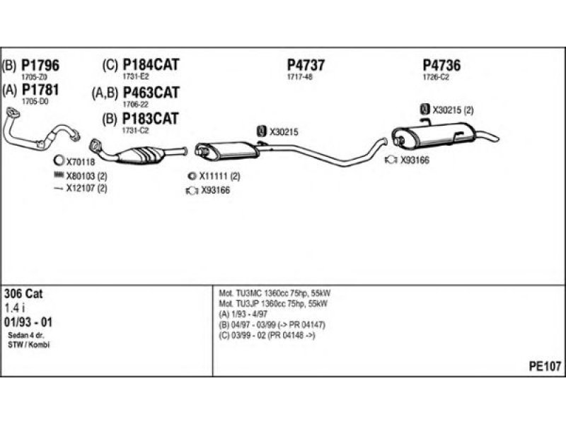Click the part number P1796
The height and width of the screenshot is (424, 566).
tap(40, 65)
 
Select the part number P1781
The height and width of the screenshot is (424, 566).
tap(40, 90)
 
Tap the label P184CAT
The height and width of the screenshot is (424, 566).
tap(151, 65)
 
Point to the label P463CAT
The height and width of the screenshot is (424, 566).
tap(151, 93)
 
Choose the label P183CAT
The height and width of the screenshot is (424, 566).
tap(151, 118)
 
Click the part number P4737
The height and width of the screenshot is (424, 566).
tap(306, 65)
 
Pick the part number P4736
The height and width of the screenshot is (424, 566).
tap(441, 65)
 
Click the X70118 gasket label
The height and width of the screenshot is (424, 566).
tap(80, 162)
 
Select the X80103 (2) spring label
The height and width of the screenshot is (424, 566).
tap(86, 175)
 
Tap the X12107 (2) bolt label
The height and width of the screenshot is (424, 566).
tap(86, 188)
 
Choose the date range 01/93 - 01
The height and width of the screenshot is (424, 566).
tap(28, 322)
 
